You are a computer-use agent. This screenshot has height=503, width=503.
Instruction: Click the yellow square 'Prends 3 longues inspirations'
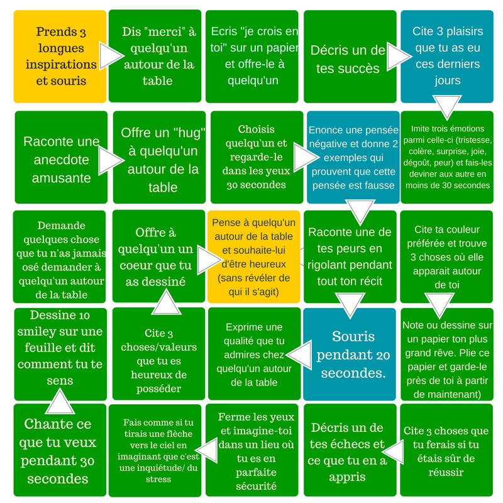coord(60,57)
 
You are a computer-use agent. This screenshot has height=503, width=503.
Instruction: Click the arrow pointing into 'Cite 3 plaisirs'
coord(398,57)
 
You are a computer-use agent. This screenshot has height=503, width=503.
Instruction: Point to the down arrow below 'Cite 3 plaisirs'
coord(448,106)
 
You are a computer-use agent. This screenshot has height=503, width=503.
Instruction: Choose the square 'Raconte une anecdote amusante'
coord(60,158)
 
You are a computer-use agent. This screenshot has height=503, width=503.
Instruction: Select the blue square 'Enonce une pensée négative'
coord(353,157)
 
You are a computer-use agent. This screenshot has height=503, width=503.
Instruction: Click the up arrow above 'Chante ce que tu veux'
coord(60,400)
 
